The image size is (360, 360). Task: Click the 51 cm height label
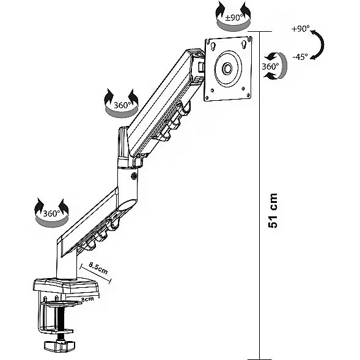point(273,210)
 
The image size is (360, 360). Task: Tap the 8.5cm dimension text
point(98,268)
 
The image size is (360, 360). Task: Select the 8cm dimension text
point(87,299)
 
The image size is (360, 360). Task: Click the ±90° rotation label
point(234,18)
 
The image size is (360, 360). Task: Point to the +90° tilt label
point(301,29)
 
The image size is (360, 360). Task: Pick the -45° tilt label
point(300,57)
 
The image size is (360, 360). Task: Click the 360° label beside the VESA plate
point(270,67)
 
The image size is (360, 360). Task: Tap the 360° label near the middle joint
point(122,105)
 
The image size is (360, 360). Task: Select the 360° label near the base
point(51,213)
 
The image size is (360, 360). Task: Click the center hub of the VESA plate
point(227,68)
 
